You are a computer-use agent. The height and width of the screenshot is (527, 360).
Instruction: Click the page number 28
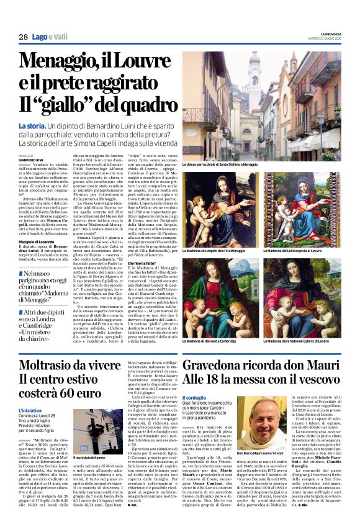[23, 37]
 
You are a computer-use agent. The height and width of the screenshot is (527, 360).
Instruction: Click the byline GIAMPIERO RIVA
[32, 161]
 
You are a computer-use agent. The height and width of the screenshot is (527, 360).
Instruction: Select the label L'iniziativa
[31, 410]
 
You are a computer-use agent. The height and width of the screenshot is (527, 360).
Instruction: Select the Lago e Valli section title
[50, 37]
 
